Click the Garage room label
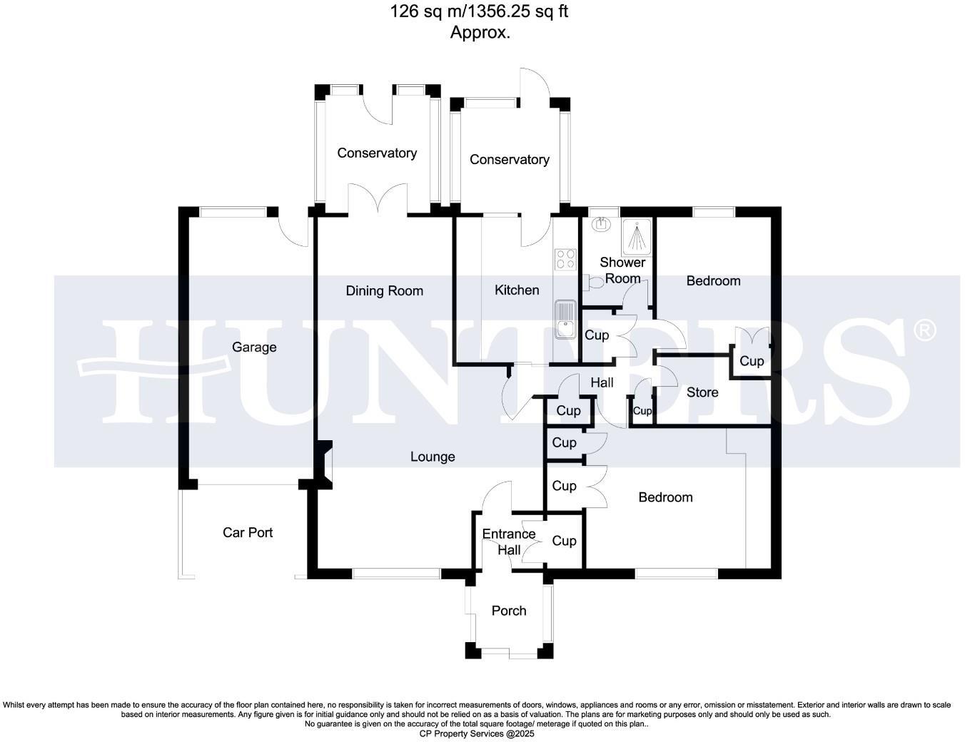click(x=254, y=347)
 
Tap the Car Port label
click(x=248, y=532)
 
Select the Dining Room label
click(x=384, y=290)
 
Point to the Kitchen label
click(x=517, y=290)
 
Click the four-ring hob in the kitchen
click(x=565, y=259)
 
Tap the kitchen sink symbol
click(x=565, y=318)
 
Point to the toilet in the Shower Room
click(x=592, y=283)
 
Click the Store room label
click(x=702, y=392)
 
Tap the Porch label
click(x=509, y=611)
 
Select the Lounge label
click(x=433, y=457)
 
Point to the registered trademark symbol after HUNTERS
click(x=925, y=330)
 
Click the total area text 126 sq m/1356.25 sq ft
click(x=479, y=11)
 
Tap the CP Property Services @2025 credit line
click(x=476, y=733)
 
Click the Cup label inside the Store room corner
click(x=751, y=361)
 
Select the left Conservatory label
click(x=377, y=153)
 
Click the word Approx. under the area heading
click(x=480, y=32)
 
